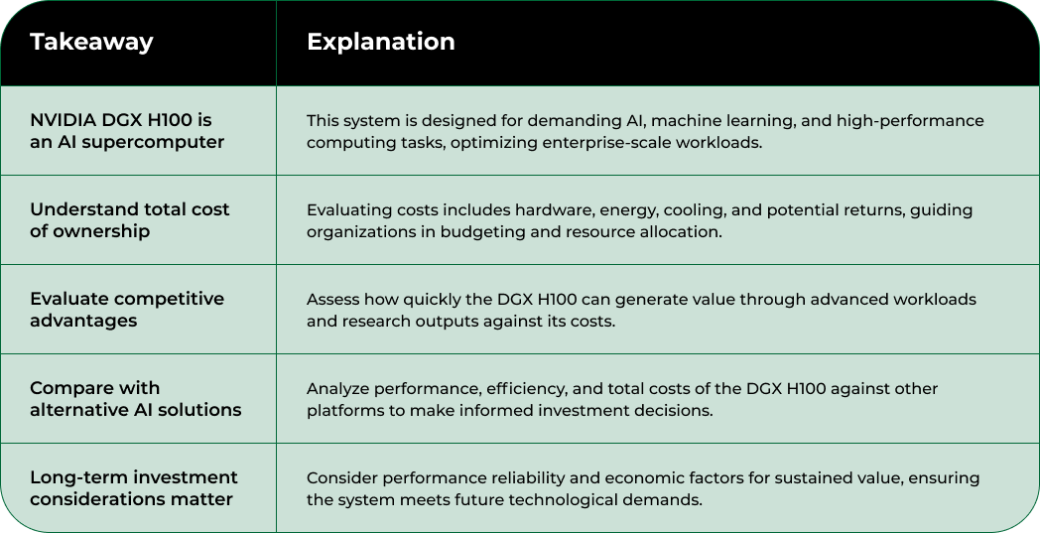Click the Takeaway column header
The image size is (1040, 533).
coord(91,42)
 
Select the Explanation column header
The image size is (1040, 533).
coord(380,42)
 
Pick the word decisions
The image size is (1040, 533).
coord(675,410)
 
